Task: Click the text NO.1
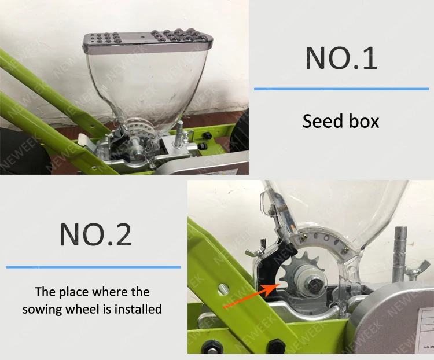[x=341, y=58]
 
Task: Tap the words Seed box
[x=341, y=121]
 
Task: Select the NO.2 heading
[x=95, y=234]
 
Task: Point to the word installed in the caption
[x=137, y=309]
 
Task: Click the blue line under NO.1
[x=341, y=89]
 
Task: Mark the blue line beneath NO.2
[x=93, y=267]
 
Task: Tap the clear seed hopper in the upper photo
[x=139, y=81]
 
